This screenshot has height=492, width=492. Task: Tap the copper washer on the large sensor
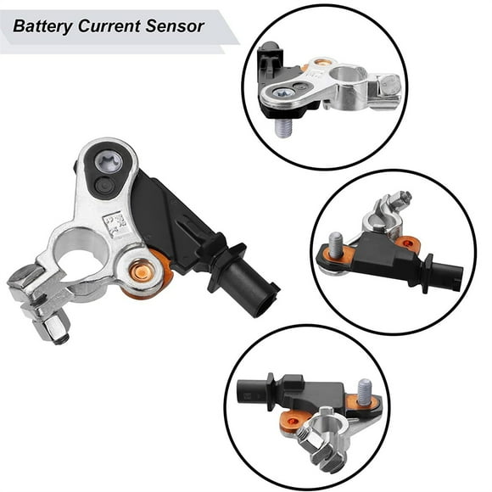click(142, 271)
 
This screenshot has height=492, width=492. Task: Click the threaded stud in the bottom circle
click(365, 391)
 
